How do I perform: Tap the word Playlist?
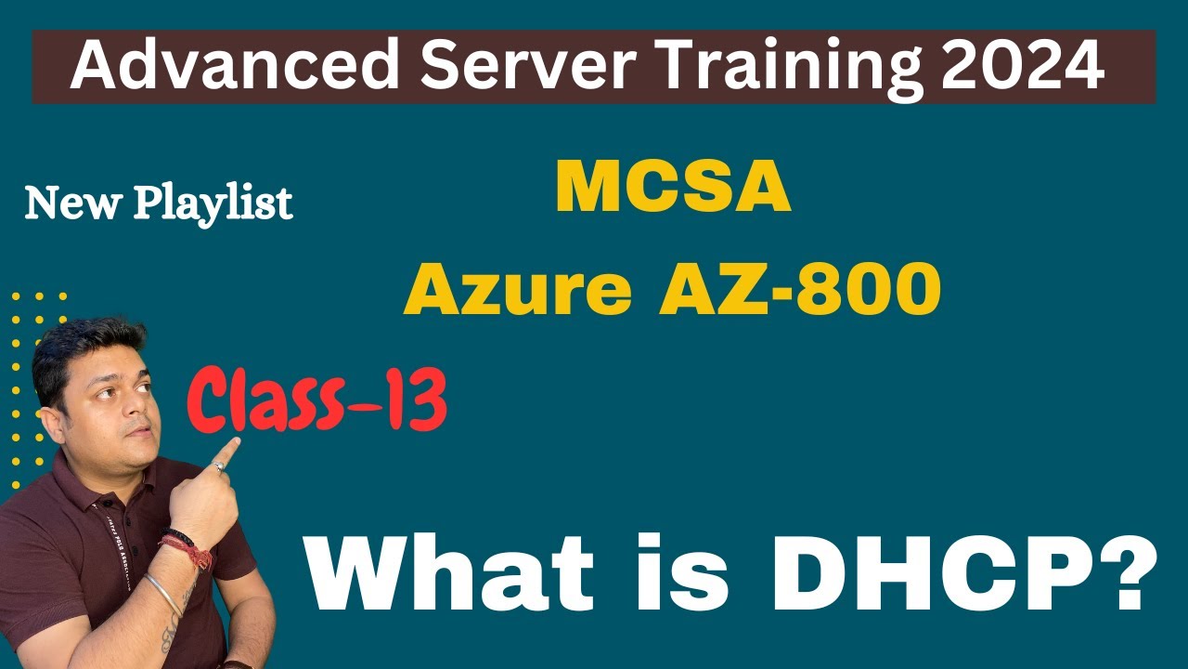tap(213, 203)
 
